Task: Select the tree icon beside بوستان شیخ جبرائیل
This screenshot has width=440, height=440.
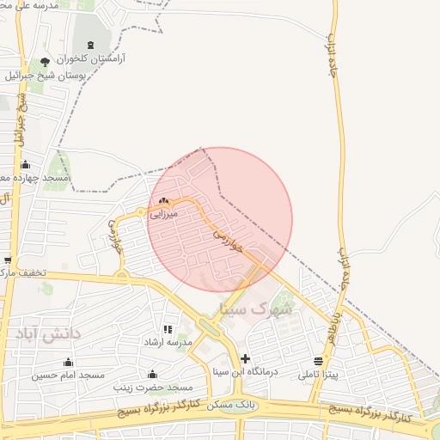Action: coord(45,62)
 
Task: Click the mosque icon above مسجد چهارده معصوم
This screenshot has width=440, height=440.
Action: coord(25,165)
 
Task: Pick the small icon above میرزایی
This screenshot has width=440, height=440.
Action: coord(163,201)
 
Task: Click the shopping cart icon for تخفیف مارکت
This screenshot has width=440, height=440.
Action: coord(8,260)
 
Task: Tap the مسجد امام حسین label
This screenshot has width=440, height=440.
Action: coord(69,376)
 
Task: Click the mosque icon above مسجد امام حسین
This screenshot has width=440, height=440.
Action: coord(69,362)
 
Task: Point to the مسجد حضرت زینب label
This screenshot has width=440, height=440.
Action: coord(151,388)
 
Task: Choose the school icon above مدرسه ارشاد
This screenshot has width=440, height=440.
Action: coord(168,329)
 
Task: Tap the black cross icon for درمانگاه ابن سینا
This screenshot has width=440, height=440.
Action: coord(245,357)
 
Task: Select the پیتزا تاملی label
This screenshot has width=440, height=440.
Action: coord(319,375)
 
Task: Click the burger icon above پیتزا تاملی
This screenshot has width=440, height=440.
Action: coord(319,361)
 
